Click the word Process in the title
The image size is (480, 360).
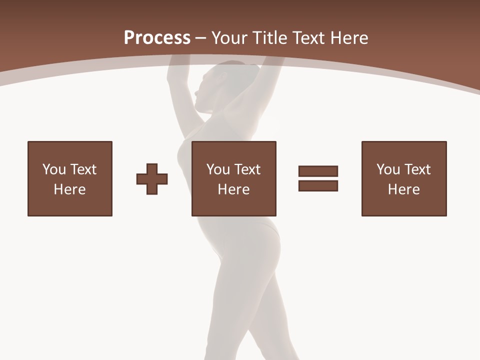pyautogui.click(x=157, y=38)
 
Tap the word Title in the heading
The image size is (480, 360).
pyautogui.click(x=270, y=38)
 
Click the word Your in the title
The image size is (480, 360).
pyautogui.click(x=230, y=38)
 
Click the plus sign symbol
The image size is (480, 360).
pyautogui.click(x=152, y=179)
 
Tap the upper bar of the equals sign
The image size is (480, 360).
pyautogui.click(x=318, y=171)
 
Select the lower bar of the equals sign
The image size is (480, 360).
pyautogui.click(x=318, y=185)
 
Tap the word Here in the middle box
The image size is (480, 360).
pyautogui.click(x=234, y=189)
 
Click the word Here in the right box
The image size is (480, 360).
pyautogui.click(x=404, y=189)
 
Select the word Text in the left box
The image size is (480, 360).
pyautogui.click(x=83, y=169)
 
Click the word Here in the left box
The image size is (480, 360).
pyautogui.click(x=70, y=189)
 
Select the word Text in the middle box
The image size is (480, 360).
pyautogui.click(x=247, y=169)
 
